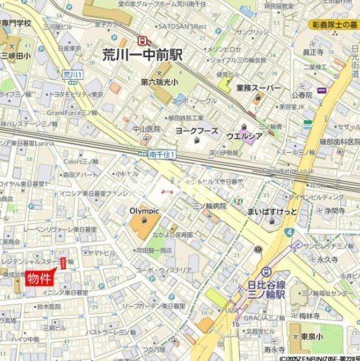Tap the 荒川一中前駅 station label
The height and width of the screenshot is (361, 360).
tap(143, 54)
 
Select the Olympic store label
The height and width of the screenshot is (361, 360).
tap(144, 210)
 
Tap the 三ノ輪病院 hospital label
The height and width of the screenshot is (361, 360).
tap(205, 206)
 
